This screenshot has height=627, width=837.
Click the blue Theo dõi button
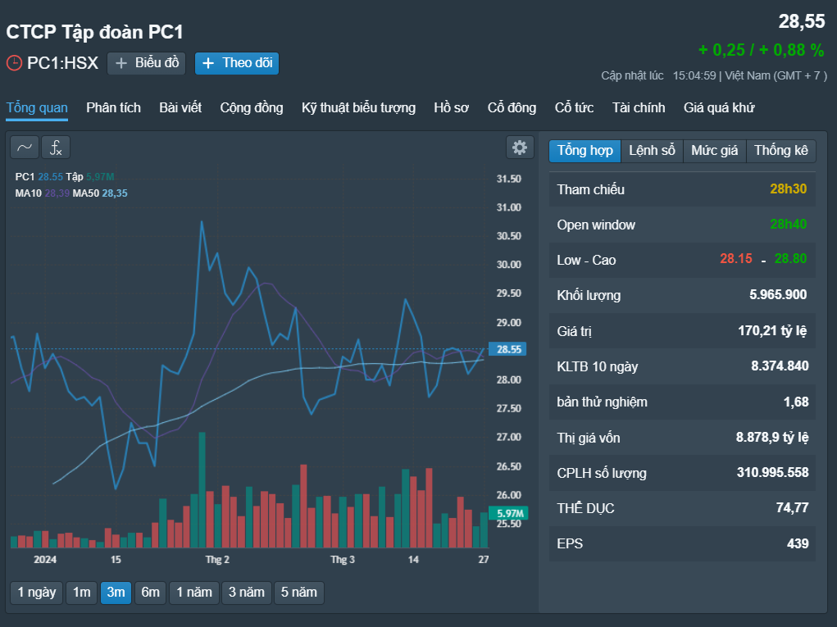coord(236,63)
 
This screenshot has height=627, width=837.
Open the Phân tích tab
coord(113,108)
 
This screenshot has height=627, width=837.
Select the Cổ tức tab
coord(574,108)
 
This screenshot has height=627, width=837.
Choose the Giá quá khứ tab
coord(719,108)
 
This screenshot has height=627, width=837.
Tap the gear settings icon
coord(520,148)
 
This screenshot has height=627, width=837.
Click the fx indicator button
coord(56,148)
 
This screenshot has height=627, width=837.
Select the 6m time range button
coord(150,593)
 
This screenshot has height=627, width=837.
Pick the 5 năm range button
coord(299,593)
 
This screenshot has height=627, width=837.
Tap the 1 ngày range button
coord(36,593)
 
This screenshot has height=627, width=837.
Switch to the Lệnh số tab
coord(652,151)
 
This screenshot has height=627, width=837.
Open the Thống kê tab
coord(781,151)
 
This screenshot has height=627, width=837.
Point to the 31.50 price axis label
coord(509,179)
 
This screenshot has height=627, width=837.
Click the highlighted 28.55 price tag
coord(507,349)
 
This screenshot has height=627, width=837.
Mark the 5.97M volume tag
coord(508,513)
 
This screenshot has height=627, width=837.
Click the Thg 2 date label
coord(217,559)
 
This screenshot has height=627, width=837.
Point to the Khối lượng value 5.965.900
coord(778,294)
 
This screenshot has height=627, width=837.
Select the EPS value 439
coord(798,543)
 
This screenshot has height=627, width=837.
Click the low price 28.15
coord(735,259)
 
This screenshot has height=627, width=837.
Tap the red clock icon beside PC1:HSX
coord(14,63)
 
